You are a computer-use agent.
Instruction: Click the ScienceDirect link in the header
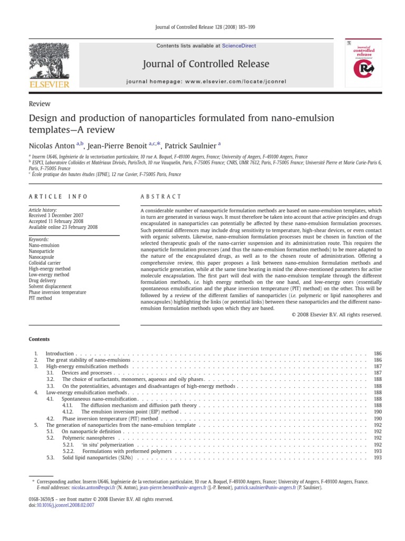238,46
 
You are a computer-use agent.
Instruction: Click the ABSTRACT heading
160,197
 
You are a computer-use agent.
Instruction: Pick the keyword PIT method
40,298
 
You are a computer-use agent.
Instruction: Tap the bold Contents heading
40,339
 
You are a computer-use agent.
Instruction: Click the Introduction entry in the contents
60,353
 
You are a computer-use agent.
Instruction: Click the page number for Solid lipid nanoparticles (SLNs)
377,458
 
